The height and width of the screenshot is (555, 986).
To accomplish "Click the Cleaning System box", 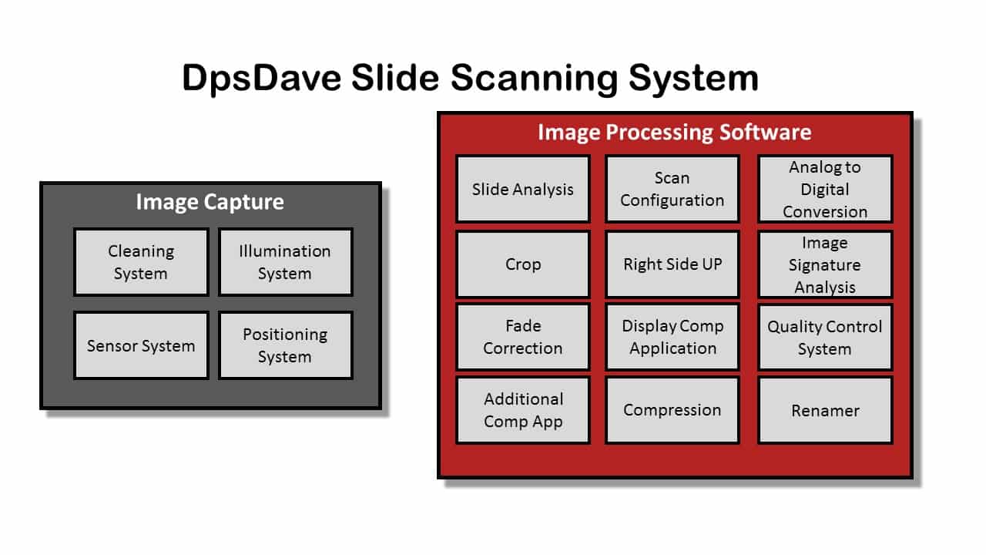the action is (141, 262).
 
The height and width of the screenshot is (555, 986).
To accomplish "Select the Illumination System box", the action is (285, 262).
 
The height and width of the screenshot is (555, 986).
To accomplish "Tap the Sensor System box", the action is (141, 345).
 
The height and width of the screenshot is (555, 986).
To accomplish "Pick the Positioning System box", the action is (285, 345).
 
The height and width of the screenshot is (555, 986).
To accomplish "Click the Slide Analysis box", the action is (523, 189).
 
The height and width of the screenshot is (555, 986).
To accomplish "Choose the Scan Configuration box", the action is (672, 189).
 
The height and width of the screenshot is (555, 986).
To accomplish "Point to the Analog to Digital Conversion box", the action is (825, 189).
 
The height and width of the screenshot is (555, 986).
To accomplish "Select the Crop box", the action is (523, 264).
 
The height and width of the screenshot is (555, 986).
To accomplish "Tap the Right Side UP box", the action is (672, 264).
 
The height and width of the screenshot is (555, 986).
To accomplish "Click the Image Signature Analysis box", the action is (825, 264).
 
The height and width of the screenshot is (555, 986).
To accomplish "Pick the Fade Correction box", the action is (523, 337).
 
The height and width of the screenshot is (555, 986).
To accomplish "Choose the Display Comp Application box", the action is (672, 337).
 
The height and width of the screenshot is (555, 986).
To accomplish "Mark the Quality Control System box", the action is (825, 337).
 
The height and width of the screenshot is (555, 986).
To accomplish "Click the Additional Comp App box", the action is (523, 410).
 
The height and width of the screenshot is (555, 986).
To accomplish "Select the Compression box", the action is (672, 410).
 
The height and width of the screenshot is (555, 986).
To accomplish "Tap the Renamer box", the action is (825, 410).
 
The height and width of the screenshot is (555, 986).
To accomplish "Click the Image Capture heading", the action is (210, 202).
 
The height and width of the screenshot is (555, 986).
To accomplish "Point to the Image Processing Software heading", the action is (674, 132).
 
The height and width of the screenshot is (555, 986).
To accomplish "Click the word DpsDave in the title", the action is (262, 79).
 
